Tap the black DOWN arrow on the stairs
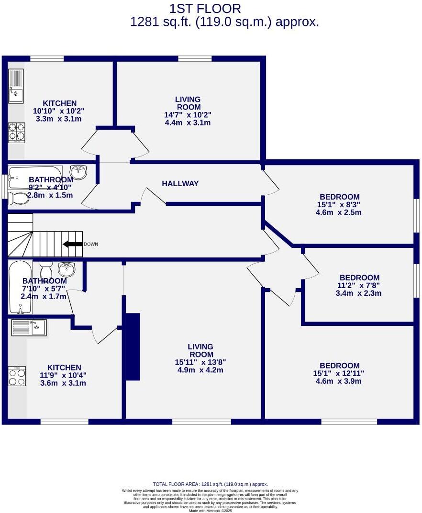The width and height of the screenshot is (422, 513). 72,244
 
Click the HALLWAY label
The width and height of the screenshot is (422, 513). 180,183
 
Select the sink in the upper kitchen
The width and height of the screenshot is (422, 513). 16,87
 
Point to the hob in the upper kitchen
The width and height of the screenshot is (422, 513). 16,133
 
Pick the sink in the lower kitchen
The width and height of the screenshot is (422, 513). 29,328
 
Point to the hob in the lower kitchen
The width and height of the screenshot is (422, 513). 17,376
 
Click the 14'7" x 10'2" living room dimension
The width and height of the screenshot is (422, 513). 187,115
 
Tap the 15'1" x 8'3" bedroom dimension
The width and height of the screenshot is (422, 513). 339,204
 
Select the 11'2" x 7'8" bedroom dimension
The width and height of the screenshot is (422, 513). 359,285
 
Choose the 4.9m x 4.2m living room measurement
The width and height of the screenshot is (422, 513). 200,370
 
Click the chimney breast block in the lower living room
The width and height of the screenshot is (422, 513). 132,347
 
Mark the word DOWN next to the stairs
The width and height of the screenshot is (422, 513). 91,244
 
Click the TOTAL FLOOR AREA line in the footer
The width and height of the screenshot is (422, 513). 210,484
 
